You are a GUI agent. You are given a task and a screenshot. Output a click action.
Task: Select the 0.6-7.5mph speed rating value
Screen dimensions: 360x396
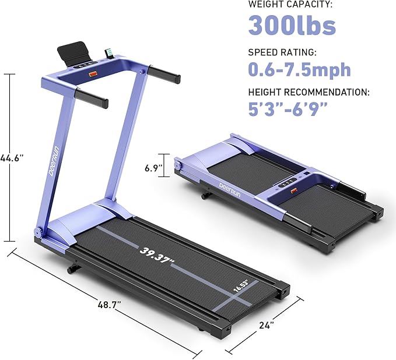(x=299, y=69)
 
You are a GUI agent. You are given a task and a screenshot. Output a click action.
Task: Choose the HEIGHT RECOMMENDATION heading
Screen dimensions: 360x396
(x=308, y=92)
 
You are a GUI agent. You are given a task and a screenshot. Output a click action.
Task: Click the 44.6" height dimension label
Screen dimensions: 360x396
(x=12, y=157)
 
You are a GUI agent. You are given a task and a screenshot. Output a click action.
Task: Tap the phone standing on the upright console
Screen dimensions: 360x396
(x=108, y=54)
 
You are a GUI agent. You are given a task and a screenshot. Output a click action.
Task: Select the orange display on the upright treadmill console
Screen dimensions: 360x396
(x=93, y=74)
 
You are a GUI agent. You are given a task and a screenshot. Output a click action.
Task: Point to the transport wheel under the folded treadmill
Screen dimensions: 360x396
(x=205, y=196)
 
